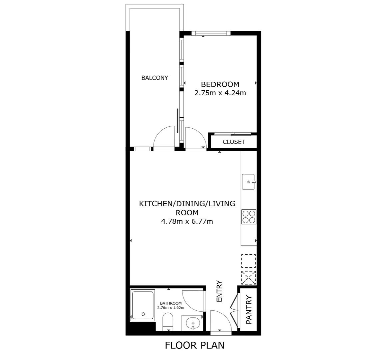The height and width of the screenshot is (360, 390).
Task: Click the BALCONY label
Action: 155,78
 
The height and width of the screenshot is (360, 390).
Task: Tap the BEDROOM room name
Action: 220,84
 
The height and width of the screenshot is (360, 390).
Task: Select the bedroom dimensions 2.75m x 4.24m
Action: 220,93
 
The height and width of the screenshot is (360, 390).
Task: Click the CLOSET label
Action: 234,142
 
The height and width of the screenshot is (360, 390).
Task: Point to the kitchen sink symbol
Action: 248,182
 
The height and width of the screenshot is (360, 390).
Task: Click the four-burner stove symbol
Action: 249,217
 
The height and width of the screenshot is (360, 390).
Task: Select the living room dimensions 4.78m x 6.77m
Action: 187,221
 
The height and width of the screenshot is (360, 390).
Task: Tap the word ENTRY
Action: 219,291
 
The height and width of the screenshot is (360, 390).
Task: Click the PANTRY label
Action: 249,310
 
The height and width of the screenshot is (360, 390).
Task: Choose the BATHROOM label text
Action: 171,303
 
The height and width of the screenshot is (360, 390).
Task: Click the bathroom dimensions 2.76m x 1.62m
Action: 171,308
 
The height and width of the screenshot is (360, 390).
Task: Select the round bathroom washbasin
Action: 192,323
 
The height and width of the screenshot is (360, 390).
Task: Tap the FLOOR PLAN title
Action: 195,345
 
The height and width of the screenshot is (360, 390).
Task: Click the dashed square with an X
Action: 248,278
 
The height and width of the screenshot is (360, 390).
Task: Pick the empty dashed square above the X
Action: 248,261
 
